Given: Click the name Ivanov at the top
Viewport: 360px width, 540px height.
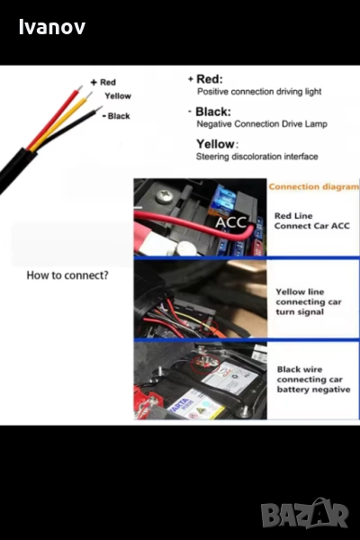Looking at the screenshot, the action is pos(52,27).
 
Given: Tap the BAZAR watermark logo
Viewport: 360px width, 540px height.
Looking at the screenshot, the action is pos(304,513).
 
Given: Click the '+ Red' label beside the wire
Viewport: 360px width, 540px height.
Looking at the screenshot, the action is pos(103,82).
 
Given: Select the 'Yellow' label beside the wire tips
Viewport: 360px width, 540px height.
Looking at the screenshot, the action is pos(118,96).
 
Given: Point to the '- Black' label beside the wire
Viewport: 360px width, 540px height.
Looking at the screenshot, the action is pos(116,116).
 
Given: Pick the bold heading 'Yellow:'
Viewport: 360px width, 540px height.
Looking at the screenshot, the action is pos(217,144).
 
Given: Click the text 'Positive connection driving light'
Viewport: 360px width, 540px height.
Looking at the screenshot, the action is pos(259,92).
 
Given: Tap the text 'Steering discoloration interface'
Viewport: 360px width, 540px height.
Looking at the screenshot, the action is pos(257,157).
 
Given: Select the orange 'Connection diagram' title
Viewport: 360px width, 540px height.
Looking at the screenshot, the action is pos(314,186).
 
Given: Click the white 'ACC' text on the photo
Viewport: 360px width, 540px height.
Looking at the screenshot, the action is pos(231,222).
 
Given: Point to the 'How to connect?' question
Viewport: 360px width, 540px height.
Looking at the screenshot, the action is pos(67,275).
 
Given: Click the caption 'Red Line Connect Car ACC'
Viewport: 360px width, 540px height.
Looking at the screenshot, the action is pos(311,220).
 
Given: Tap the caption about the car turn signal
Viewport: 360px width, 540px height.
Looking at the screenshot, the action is pos(309,301).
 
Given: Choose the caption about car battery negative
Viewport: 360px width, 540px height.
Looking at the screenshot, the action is pos(313,379).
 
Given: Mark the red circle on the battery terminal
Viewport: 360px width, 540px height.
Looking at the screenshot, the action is pos(205,364).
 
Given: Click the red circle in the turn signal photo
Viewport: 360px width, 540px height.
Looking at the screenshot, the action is pos(210,328).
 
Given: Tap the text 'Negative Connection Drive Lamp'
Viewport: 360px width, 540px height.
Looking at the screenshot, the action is pos(262,124).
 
